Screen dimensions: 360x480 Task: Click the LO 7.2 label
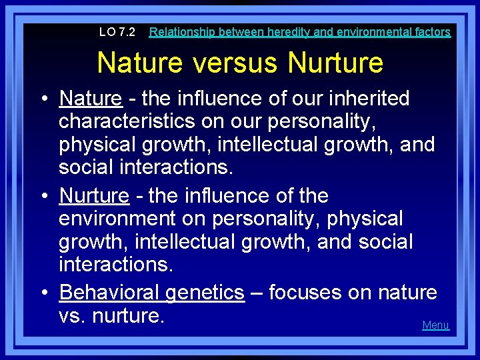pos(117,32)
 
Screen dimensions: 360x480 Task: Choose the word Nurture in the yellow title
pos(335,63)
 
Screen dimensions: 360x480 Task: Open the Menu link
pos(436,325)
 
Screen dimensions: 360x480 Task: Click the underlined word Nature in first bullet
pos(91,99)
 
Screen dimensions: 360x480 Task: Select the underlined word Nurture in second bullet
pos(94,196)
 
